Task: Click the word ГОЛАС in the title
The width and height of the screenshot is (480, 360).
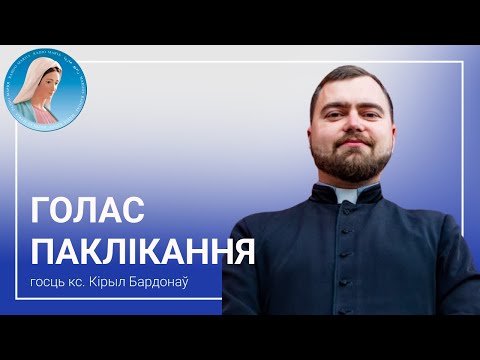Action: click(89, 211)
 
